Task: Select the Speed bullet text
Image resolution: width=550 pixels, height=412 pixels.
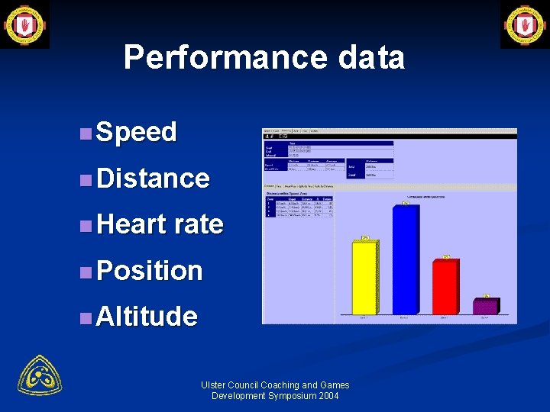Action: pos(137,132)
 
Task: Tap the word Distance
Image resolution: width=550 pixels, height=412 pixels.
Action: pos(153,179)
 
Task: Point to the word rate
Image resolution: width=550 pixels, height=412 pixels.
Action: pos(199,224)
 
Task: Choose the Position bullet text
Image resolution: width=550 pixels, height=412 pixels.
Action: pos(150,270)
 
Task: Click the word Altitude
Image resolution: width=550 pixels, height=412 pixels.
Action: pos(147,316)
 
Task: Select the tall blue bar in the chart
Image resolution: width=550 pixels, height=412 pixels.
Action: pos(405,259)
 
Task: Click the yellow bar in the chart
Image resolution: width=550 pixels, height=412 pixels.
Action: pos(364,278)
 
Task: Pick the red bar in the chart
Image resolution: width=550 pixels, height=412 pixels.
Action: pos(445,287)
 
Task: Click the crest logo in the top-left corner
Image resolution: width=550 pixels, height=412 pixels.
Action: pos(24,24)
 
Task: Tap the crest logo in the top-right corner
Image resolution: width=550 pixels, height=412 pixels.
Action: pos(525,24)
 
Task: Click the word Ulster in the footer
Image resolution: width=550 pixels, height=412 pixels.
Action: pos(214,385)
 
